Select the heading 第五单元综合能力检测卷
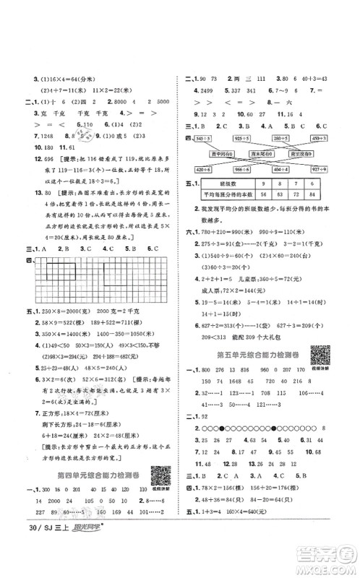(x=254, y=355)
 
